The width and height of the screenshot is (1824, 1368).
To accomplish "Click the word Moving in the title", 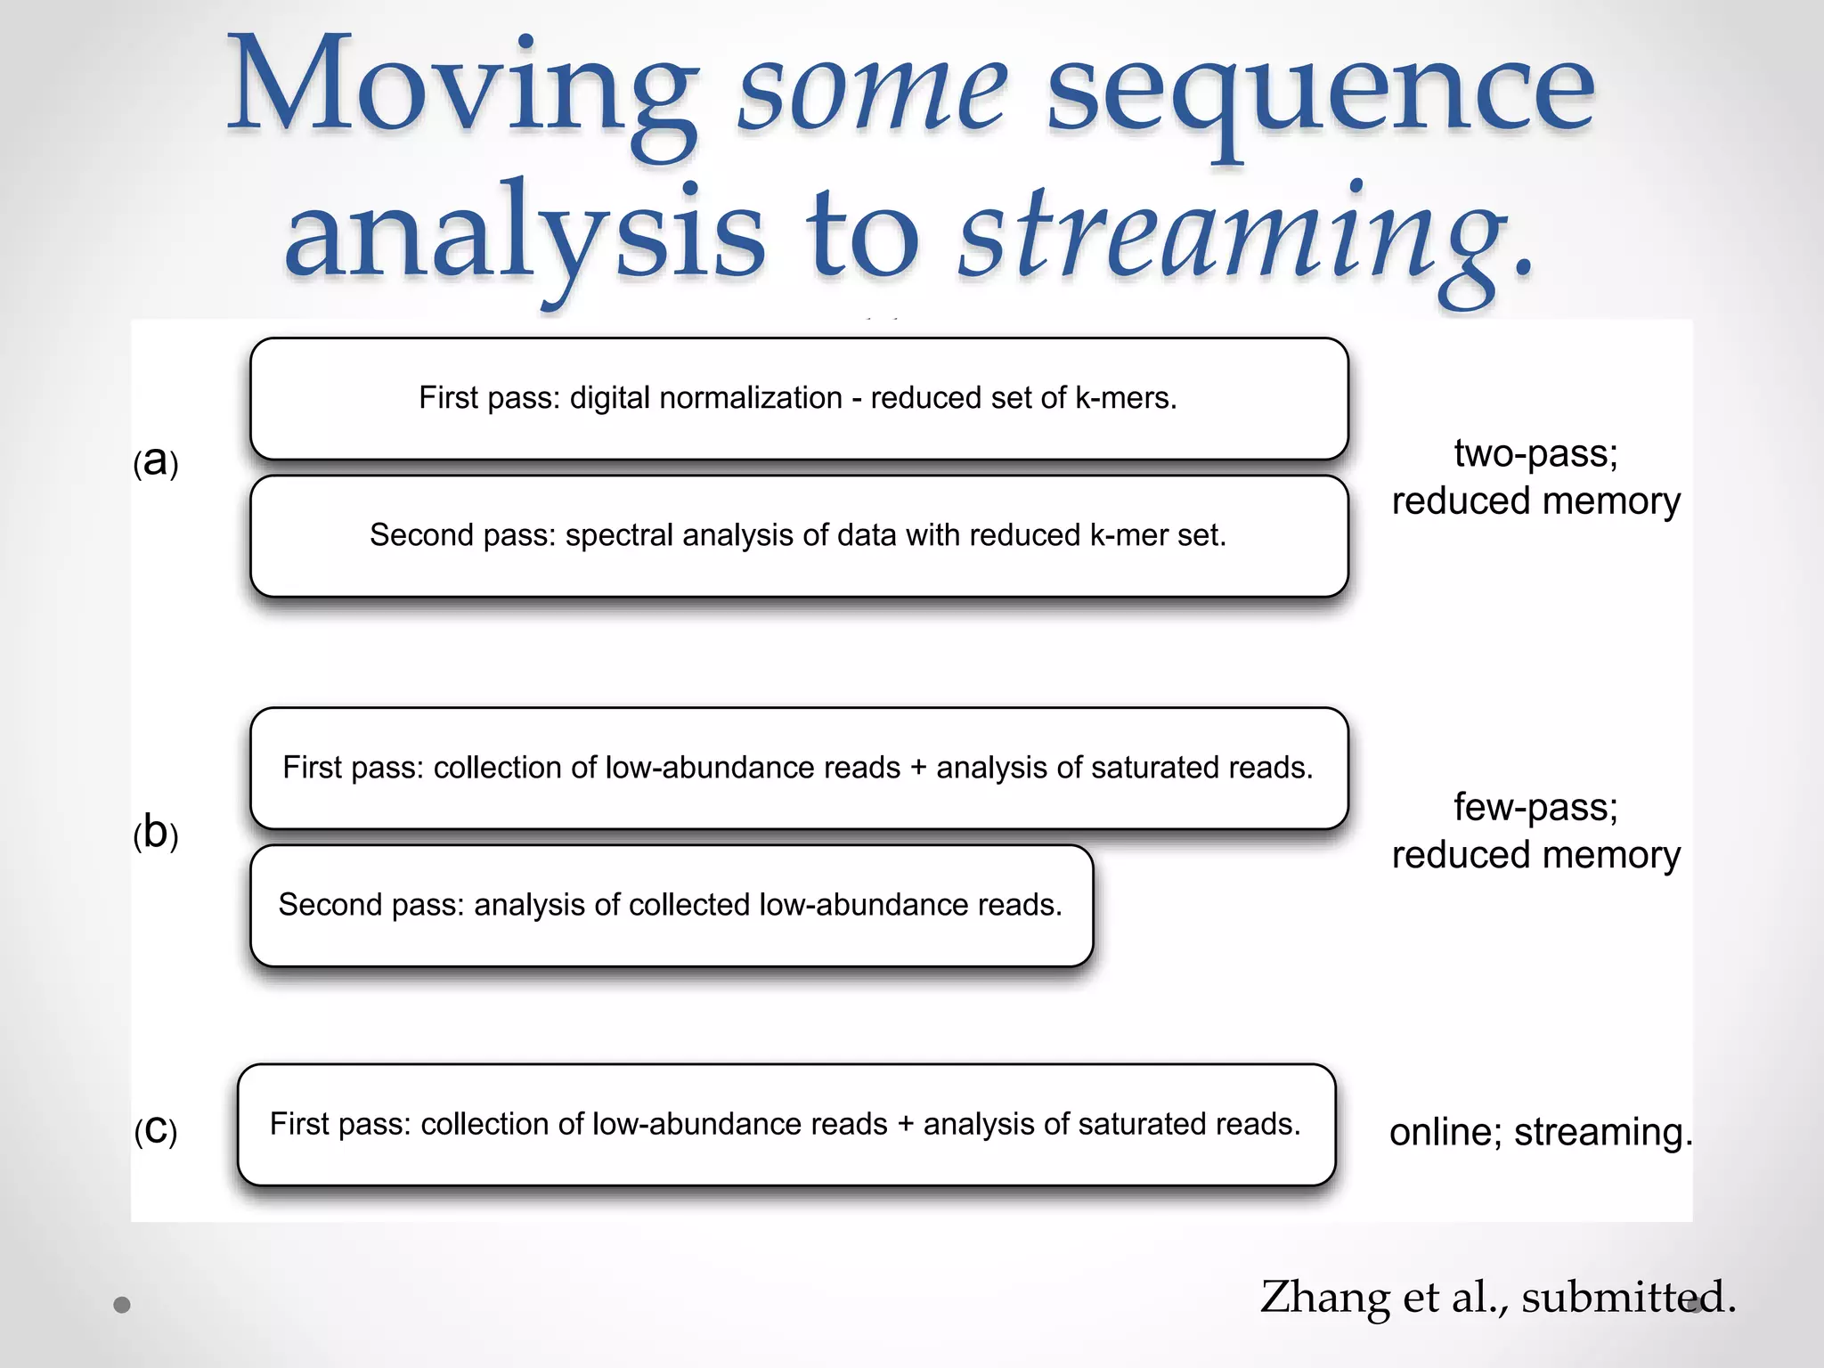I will (463, 89).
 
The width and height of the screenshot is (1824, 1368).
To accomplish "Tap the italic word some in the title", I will (873, 94).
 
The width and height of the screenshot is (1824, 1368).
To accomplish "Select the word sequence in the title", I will (1318, 94).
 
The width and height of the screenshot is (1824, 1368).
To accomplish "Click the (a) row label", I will (156, 461).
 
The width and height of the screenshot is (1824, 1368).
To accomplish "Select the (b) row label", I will (156, 833).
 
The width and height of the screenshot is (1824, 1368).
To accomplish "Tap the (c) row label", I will (156, 1130).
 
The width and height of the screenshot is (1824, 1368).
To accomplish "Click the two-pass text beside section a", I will (1535, 453).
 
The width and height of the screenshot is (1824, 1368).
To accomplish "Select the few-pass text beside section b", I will (1535, 807).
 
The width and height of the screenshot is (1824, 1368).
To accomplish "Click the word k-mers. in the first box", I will (1126, 397).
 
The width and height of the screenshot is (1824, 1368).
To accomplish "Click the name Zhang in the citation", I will (1325, 1297).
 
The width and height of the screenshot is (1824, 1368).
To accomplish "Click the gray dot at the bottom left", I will (122, 1305).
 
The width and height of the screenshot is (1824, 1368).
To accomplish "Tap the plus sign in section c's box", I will (905, 1124).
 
